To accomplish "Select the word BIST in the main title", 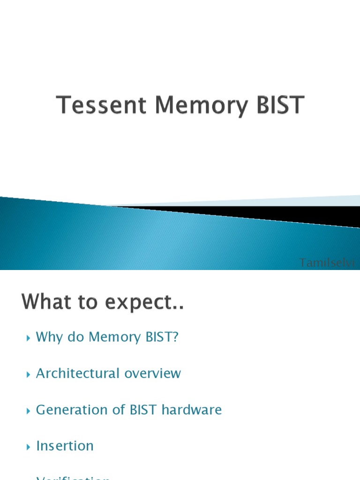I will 280,105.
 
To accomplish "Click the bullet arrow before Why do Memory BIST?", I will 28,337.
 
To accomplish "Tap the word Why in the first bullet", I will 49,337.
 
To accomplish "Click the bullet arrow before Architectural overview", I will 28,374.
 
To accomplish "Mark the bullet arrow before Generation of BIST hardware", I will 28,411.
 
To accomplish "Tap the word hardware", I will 192,410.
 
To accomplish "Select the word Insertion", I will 65,446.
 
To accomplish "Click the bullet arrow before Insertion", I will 28,447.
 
